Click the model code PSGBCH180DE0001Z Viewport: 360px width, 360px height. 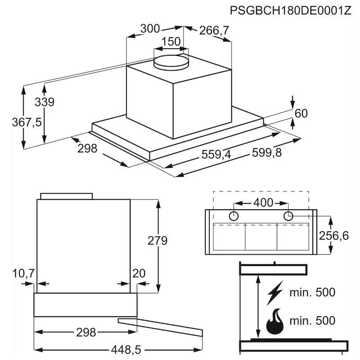(290, 10)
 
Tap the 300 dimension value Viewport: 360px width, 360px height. (150, 29)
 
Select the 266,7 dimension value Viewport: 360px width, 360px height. (214, 31)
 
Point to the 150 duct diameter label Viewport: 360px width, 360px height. (171, 41)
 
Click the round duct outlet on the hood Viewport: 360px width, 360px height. (171, 62)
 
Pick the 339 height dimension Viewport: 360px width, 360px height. (45, 102)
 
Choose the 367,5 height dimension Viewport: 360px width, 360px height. (27, 122)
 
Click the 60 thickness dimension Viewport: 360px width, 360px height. (301, 113)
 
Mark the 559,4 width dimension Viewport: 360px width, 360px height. (216, 154)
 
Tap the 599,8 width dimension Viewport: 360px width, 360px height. (267, 153)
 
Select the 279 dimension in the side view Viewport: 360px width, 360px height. (157, 241)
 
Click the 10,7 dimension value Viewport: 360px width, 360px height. (23, 274)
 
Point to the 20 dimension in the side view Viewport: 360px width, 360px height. (139, 274)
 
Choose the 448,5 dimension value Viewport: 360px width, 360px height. (126, 350)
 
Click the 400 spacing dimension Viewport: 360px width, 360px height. (263, 203)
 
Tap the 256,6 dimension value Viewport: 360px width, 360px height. (334, 236)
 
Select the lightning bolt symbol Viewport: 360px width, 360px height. (274, 293)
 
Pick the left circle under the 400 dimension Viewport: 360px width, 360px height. (234, 216)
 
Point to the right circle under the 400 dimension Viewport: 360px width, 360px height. (288, 216)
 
